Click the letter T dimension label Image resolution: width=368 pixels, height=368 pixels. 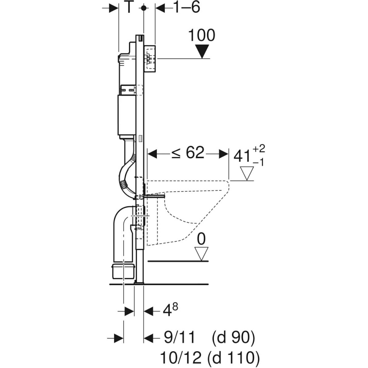128,7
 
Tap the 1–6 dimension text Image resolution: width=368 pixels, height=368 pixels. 187,7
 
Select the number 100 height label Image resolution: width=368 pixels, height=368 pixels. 201,36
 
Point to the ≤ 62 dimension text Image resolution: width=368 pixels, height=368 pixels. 187,153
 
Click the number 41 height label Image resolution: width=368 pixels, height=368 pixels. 242,156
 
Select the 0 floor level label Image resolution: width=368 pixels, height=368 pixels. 201,239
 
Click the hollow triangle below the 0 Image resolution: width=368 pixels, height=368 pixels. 201,253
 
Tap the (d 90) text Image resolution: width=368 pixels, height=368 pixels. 233,338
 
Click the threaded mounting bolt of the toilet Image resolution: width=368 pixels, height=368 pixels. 154,197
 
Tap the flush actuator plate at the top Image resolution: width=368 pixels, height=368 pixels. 150,59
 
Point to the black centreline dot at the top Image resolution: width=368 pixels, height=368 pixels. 144,8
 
